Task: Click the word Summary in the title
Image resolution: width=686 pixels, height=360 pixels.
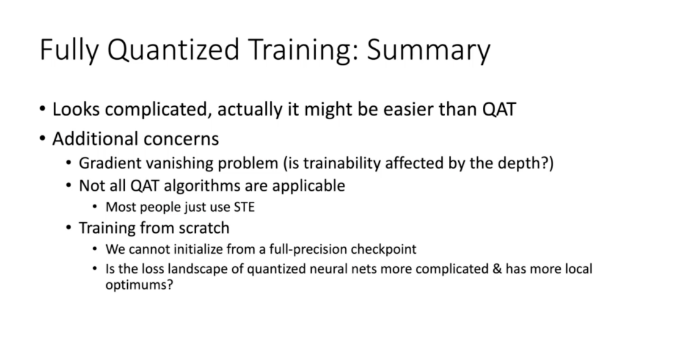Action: pos(429,50)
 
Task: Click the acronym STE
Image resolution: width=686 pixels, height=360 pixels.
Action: pos(244,207)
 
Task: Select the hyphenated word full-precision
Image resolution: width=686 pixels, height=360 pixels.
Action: pos(308,249)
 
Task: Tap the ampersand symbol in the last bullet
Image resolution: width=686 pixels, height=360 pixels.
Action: pos(497,269)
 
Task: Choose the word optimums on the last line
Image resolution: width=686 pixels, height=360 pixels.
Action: pos(136,285)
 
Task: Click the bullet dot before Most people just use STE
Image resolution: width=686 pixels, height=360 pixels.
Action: pos(95,206)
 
